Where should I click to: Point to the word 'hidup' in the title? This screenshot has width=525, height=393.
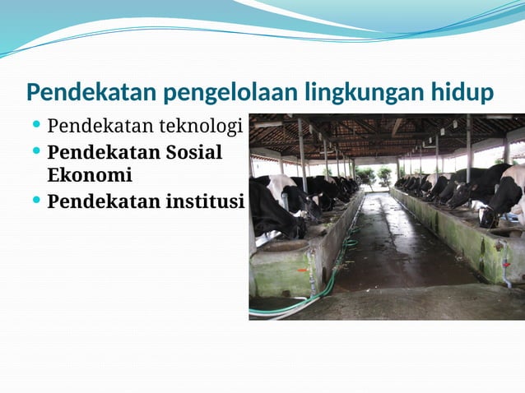tap(462, 92)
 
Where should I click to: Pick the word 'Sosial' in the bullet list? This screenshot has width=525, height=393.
tap(194, 153)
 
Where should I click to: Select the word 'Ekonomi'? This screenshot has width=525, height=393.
tap(90, 175)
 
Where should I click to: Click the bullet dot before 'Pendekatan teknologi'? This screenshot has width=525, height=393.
tap(36, 125)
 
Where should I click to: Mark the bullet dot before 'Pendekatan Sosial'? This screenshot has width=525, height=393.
tap(36, 151)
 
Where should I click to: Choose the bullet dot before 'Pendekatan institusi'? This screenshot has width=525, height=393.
tap(36, 199)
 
